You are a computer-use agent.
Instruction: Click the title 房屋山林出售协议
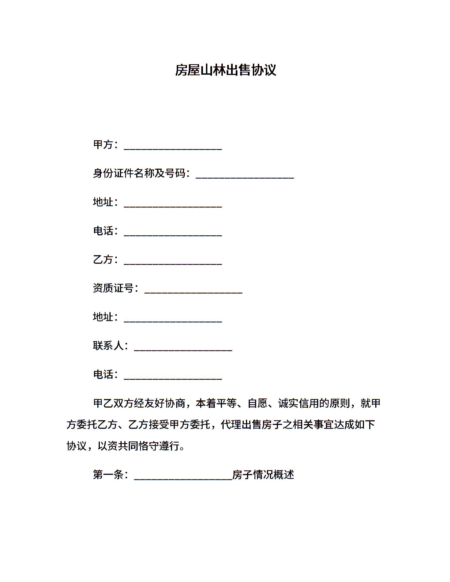225,70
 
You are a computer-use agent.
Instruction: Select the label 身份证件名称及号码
139,173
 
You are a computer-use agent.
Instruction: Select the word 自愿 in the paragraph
258,403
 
